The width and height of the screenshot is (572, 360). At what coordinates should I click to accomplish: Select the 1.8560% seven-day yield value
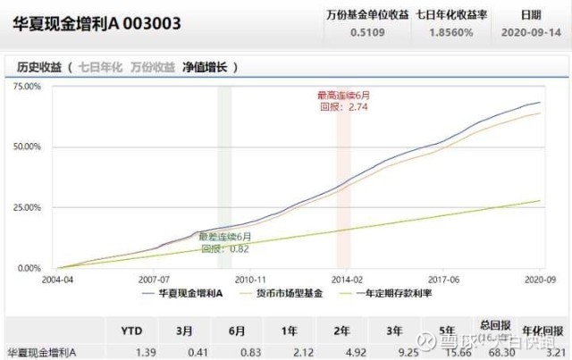coord(450,31)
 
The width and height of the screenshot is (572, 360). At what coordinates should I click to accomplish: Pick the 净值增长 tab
coord(206,66)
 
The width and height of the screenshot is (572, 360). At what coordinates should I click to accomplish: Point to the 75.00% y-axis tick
coord(27,87)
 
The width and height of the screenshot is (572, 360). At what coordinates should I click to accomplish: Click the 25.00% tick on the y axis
coord(27,207)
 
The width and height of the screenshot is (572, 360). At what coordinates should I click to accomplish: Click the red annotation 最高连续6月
coord(344,95)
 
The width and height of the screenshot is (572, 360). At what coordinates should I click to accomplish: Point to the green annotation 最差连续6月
coord(224,237)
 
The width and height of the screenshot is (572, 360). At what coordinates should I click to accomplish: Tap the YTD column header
coord(131,330)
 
